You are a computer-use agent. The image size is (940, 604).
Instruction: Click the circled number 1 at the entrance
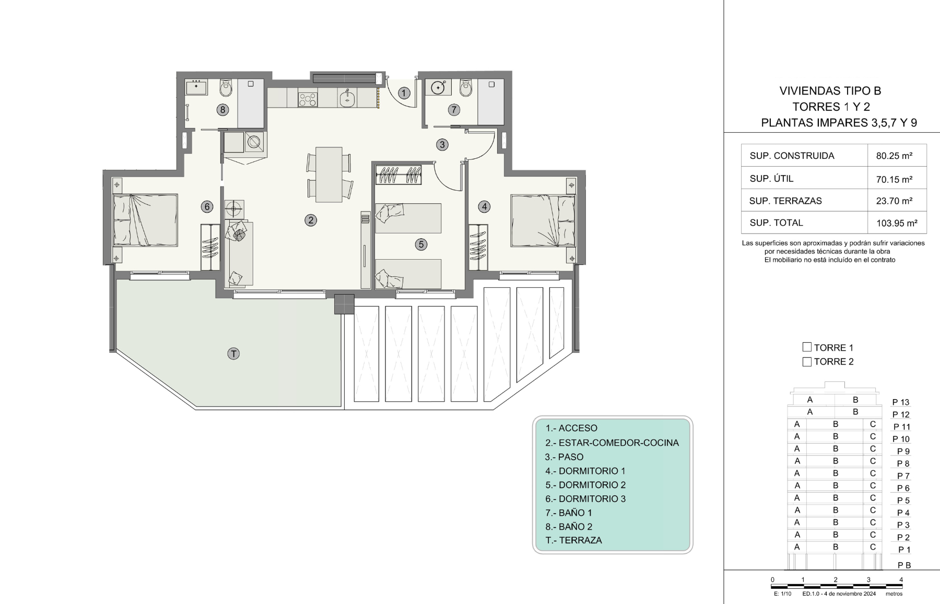404,93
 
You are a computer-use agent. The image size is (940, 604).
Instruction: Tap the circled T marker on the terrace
233,354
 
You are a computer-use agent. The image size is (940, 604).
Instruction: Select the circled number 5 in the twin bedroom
421,244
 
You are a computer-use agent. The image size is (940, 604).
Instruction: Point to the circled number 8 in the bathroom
223,110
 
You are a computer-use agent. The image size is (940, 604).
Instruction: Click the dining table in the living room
329,175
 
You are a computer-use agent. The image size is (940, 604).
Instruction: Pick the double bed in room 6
146,220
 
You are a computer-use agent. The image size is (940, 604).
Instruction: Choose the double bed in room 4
543,220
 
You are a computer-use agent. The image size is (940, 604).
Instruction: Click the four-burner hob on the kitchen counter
308,99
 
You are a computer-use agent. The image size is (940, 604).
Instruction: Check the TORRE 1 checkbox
807,347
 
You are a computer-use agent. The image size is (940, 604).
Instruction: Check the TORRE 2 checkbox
807,362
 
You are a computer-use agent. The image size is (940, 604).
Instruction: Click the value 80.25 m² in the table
894,156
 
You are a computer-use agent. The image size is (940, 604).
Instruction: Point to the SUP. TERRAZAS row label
785,201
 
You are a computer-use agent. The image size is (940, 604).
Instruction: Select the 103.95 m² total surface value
897,223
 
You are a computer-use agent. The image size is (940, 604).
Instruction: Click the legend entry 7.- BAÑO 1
569,513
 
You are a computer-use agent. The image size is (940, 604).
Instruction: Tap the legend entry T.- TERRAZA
573,540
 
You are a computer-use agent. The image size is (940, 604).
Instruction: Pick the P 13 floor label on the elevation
901,402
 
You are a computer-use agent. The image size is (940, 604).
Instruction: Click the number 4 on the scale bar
901,579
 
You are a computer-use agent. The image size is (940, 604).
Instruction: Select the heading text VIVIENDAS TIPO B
830,91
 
